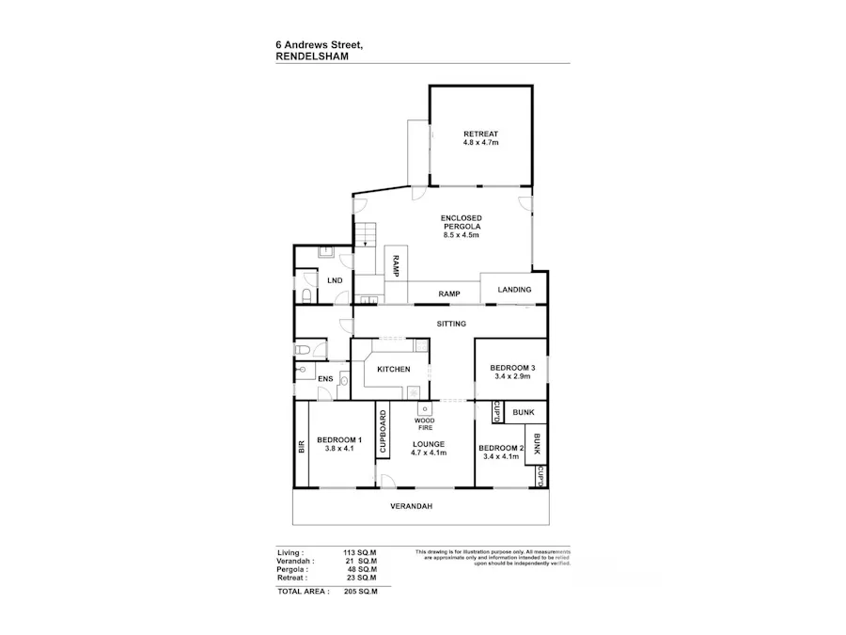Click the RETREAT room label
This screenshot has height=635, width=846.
tap(480, 133)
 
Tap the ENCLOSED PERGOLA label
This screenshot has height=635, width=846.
tap(462, 222)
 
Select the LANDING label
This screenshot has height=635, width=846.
tap(514, 290)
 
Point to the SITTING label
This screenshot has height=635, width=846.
tap(452, 324)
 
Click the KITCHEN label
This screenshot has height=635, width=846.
tap(394, 369)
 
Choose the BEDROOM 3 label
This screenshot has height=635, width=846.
tap(512, 367)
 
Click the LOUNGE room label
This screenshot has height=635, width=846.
tap(428, 443)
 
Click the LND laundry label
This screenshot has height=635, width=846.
tap(334, 280)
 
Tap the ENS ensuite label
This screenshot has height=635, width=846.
tap(324, 379)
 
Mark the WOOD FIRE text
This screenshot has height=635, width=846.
tap(425, 424)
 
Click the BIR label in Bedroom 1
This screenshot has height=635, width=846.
tap(302, 447)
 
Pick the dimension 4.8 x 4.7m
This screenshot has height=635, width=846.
tap(480, 142)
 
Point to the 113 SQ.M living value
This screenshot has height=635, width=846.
tap(361, 552)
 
